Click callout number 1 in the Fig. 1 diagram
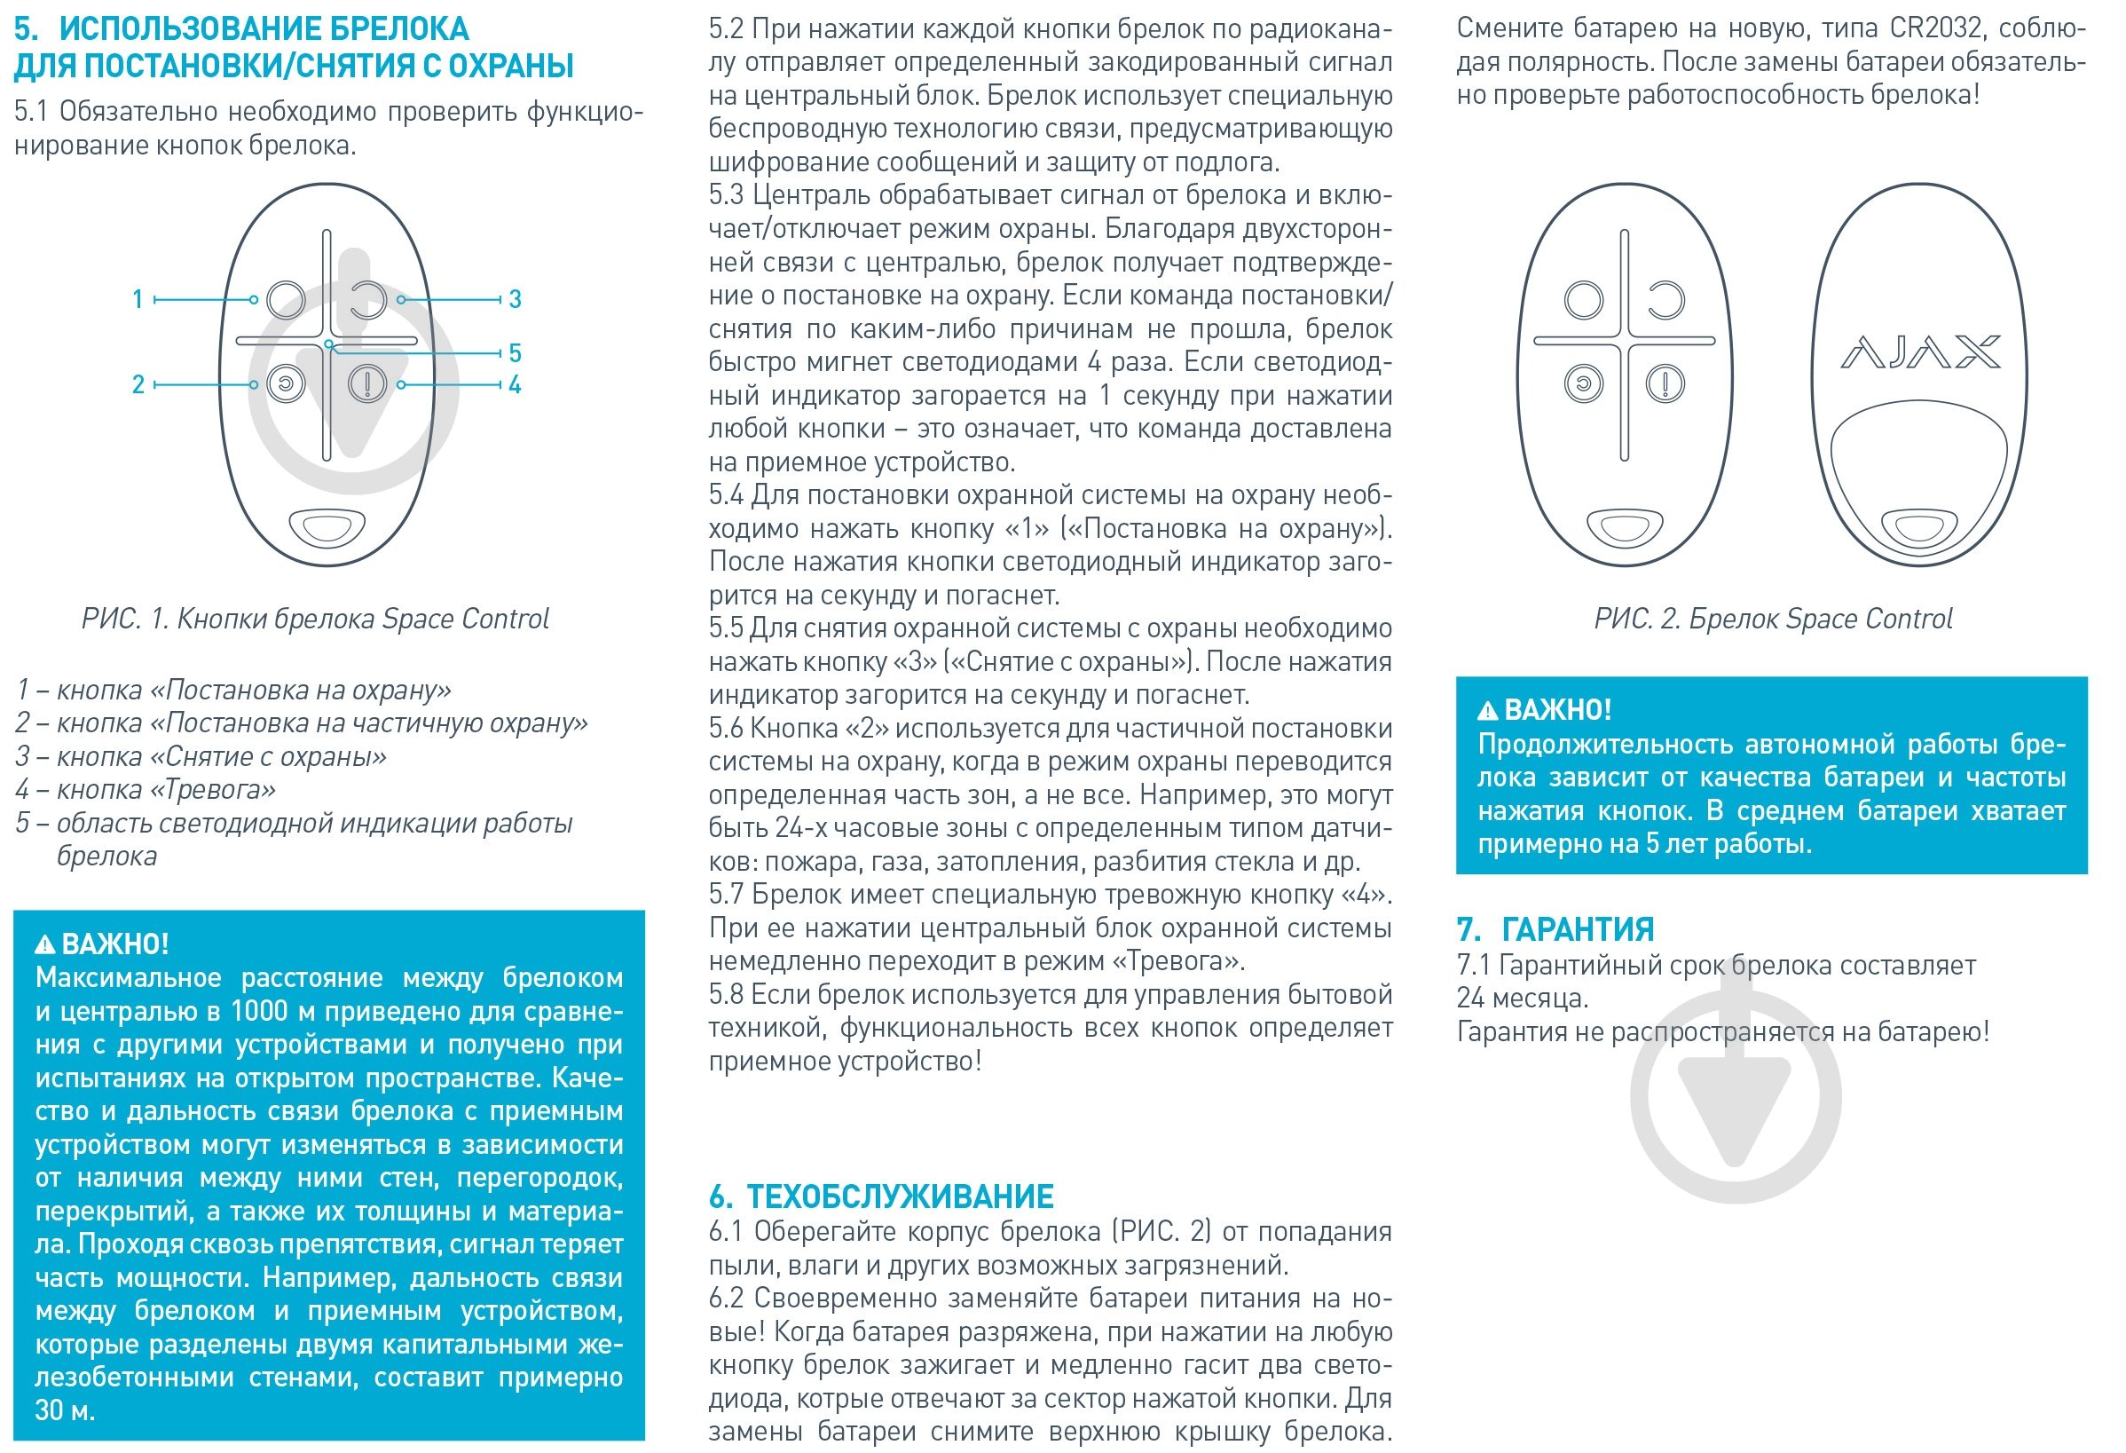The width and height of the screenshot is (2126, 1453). coord(138,299)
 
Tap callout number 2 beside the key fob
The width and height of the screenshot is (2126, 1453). coord(138,384)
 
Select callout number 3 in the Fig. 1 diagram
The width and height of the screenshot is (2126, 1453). coord(515,299)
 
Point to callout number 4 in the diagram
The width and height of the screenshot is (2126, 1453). coord(515,384)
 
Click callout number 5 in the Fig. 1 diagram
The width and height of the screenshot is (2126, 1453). coord(515,353)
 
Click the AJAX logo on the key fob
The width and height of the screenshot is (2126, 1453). coord(1919,352)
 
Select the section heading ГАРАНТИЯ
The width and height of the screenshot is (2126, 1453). coord(1577,929)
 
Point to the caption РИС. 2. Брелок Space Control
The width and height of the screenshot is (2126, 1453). coord(1773,620)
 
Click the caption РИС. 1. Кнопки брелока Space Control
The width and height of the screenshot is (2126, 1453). coord(315,620)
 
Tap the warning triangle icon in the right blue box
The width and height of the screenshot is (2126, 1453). coord(1488,711)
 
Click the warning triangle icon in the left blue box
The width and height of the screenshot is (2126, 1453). coord(45,944)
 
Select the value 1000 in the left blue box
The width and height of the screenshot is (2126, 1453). coord(260,1011)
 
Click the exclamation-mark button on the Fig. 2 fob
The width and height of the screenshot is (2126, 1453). coord(1665,383)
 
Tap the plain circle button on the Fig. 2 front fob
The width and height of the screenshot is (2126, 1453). coord(1584,300)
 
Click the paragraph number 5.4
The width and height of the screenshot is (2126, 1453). coord(727,495)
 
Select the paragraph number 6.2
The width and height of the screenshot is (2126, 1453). coord(727,1299)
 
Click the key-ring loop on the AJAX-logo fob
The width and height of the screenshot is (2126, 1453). coord(1919,529)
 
